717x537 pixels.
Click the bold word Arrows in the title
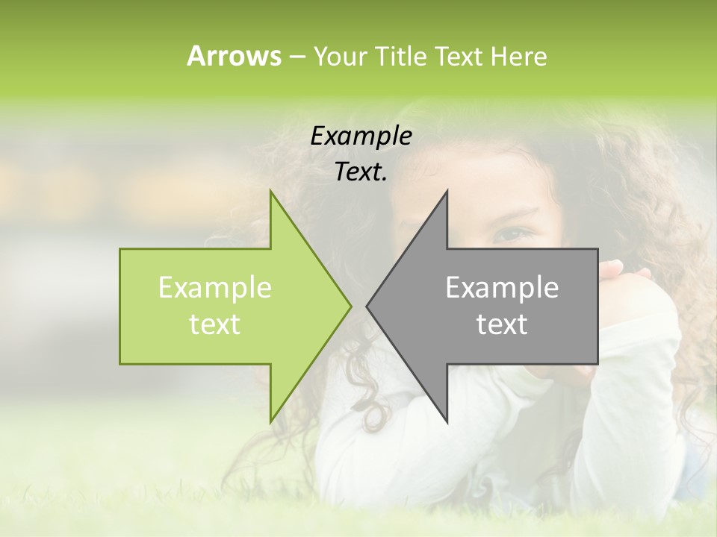tap(234, 56)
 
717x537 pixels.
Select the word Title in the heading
tap(401, 57)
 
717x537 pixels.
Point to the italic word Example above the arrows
tap(361, 136)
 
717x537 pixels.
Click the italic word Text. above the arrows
tap(361, 172)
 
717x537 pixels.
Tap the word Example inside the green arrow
tap(215, 288)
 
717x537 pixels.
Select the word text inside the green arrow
tap(215, 324)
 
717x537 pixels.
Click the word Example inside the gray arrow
tap(502, 288)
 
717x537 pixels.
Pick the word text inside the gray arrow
tap(502, 324)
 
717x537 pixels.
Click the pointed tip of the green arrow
tap(350, 306)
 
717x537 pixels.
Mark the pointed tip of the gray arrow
tap(368, 306)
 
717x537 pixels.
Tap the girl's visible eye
tap(515, 233)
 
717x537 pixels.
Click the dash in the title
tap(297, 57)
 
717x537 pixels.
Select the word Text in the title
tap(459, 57)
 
